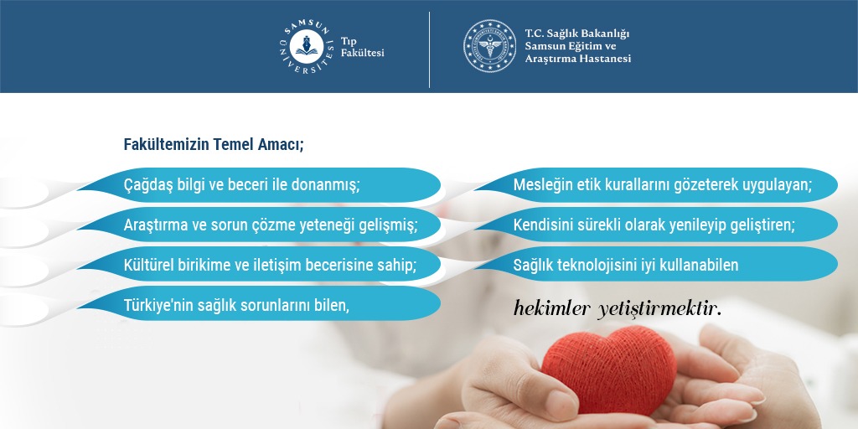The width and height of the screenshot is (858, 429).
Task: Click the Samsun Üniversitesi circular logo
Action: [x=305, y=46]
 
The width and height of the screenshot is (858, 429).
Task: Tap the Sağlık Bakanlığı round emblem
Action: [x=489, y=46]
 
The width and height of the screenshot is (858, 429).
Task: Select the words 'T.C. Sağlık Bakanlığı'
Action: [x=576, y=33]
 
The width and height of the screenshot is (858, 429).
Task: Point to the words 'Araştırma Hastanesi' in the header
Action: [x=577, y=59]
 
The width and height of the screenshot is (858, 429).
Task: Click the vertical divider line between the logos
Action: [x=430, y=49]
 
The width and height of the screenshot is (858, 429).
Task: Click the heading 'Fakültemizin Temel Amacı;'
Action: [x=214, y=144]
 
